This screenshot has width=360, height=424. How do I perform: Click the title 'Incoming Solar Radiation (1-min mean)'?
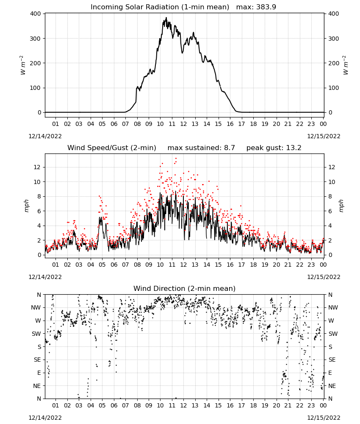click(160, 7)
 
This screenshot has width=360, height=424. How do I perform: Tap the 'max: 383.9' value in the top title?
click(256, 7)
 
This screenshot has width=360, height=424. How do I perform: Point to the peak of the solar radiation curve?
click(166, 17)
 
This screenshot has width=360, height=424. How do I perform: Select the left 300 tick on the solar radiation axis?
click(36, 39)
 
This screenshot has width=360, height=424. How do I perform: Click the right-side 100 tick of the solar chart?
click(334, 88)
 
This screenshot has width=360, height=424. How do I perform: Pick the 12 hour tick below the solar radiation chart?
click(183, 124)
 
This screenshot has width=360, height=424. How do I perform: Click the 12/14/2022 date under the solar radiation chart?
click(45, 136)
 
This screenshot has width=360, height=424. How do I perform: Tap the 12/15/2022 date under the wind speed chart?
click(324, 277)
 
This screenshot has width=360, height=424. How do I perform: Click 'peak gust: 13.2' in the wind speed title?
click(274, 148)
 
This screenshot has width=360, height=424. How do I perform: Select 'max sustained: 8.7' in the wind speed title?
click(201, 148)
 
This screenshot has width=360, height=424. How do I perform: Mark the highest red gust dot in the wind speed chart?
click(176, 158)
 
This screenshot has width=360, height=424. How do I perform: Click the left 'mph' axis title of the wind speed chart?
click(26, 206)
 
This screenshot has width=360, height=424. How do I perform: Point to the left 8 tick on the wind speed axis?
click(39, 196)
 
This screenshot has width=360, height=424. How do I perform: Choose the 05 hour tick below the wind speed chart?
click(102, 265)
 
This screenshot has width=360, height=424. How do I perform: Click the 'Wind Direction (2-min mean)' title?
click(185, 288)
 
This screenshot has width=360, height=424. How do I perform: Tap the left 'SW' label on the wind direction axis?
click(36, 334)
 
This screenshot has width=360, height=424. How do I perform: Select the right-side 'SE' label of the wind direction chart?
click(332, 360)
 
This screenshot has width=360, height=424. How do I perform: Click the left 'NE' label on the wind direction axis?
click(37, 386)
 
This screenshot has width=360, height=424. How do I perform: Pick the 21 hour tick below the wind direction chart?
click(288, 405)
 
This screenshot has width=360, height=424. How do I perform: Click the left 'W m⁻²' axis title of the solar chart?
click(23, 65)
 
